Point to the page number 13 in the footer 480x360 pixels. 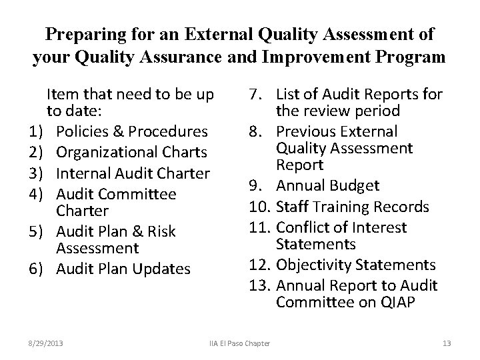coord(447,343)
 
